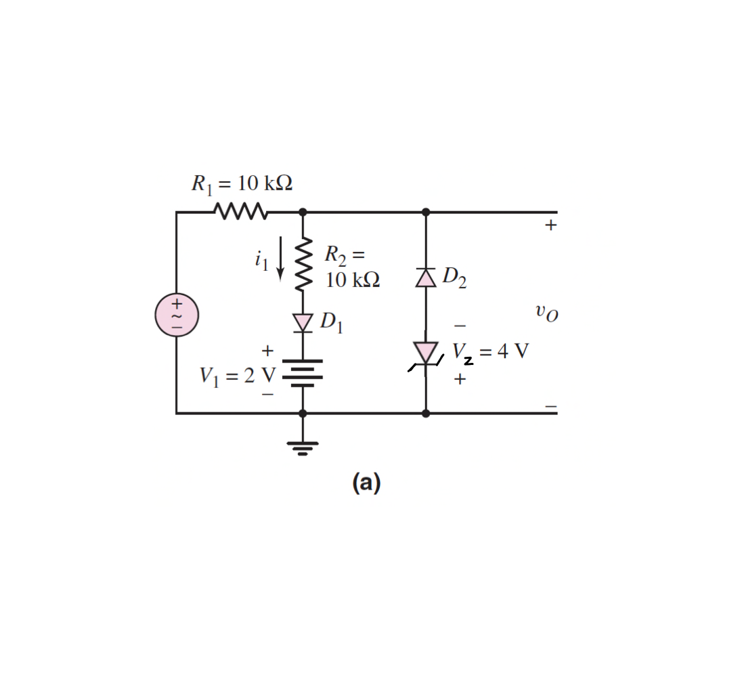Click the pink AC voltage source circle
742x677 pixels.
coord(177,315)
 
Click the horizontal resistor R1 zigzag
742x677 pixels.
coord(241,212)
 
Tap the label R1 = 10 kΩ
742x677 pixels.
coord(242,183)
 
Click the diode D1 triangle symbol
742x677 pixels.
coord(303,322)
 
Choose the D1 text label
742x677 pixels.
coord(332,324)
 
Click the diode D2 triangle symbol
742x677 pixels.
coord(426,278)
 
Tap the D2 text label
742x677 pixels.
coord(454,278)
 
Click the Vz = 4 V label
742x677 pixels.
coord(489,352)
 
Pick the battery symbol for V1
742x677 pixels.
coord(303,373)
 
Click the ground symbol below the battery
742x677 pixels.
coord(303,447)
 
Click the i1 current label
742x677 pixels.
coord(262,259)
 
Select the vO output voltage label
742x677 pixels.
coord(547,313)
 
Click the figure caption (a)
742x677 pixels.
coord(366,483)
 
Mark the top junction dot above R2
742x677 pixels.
coord(303,212)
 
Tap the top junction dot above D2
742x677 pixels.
coord(426,212)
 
